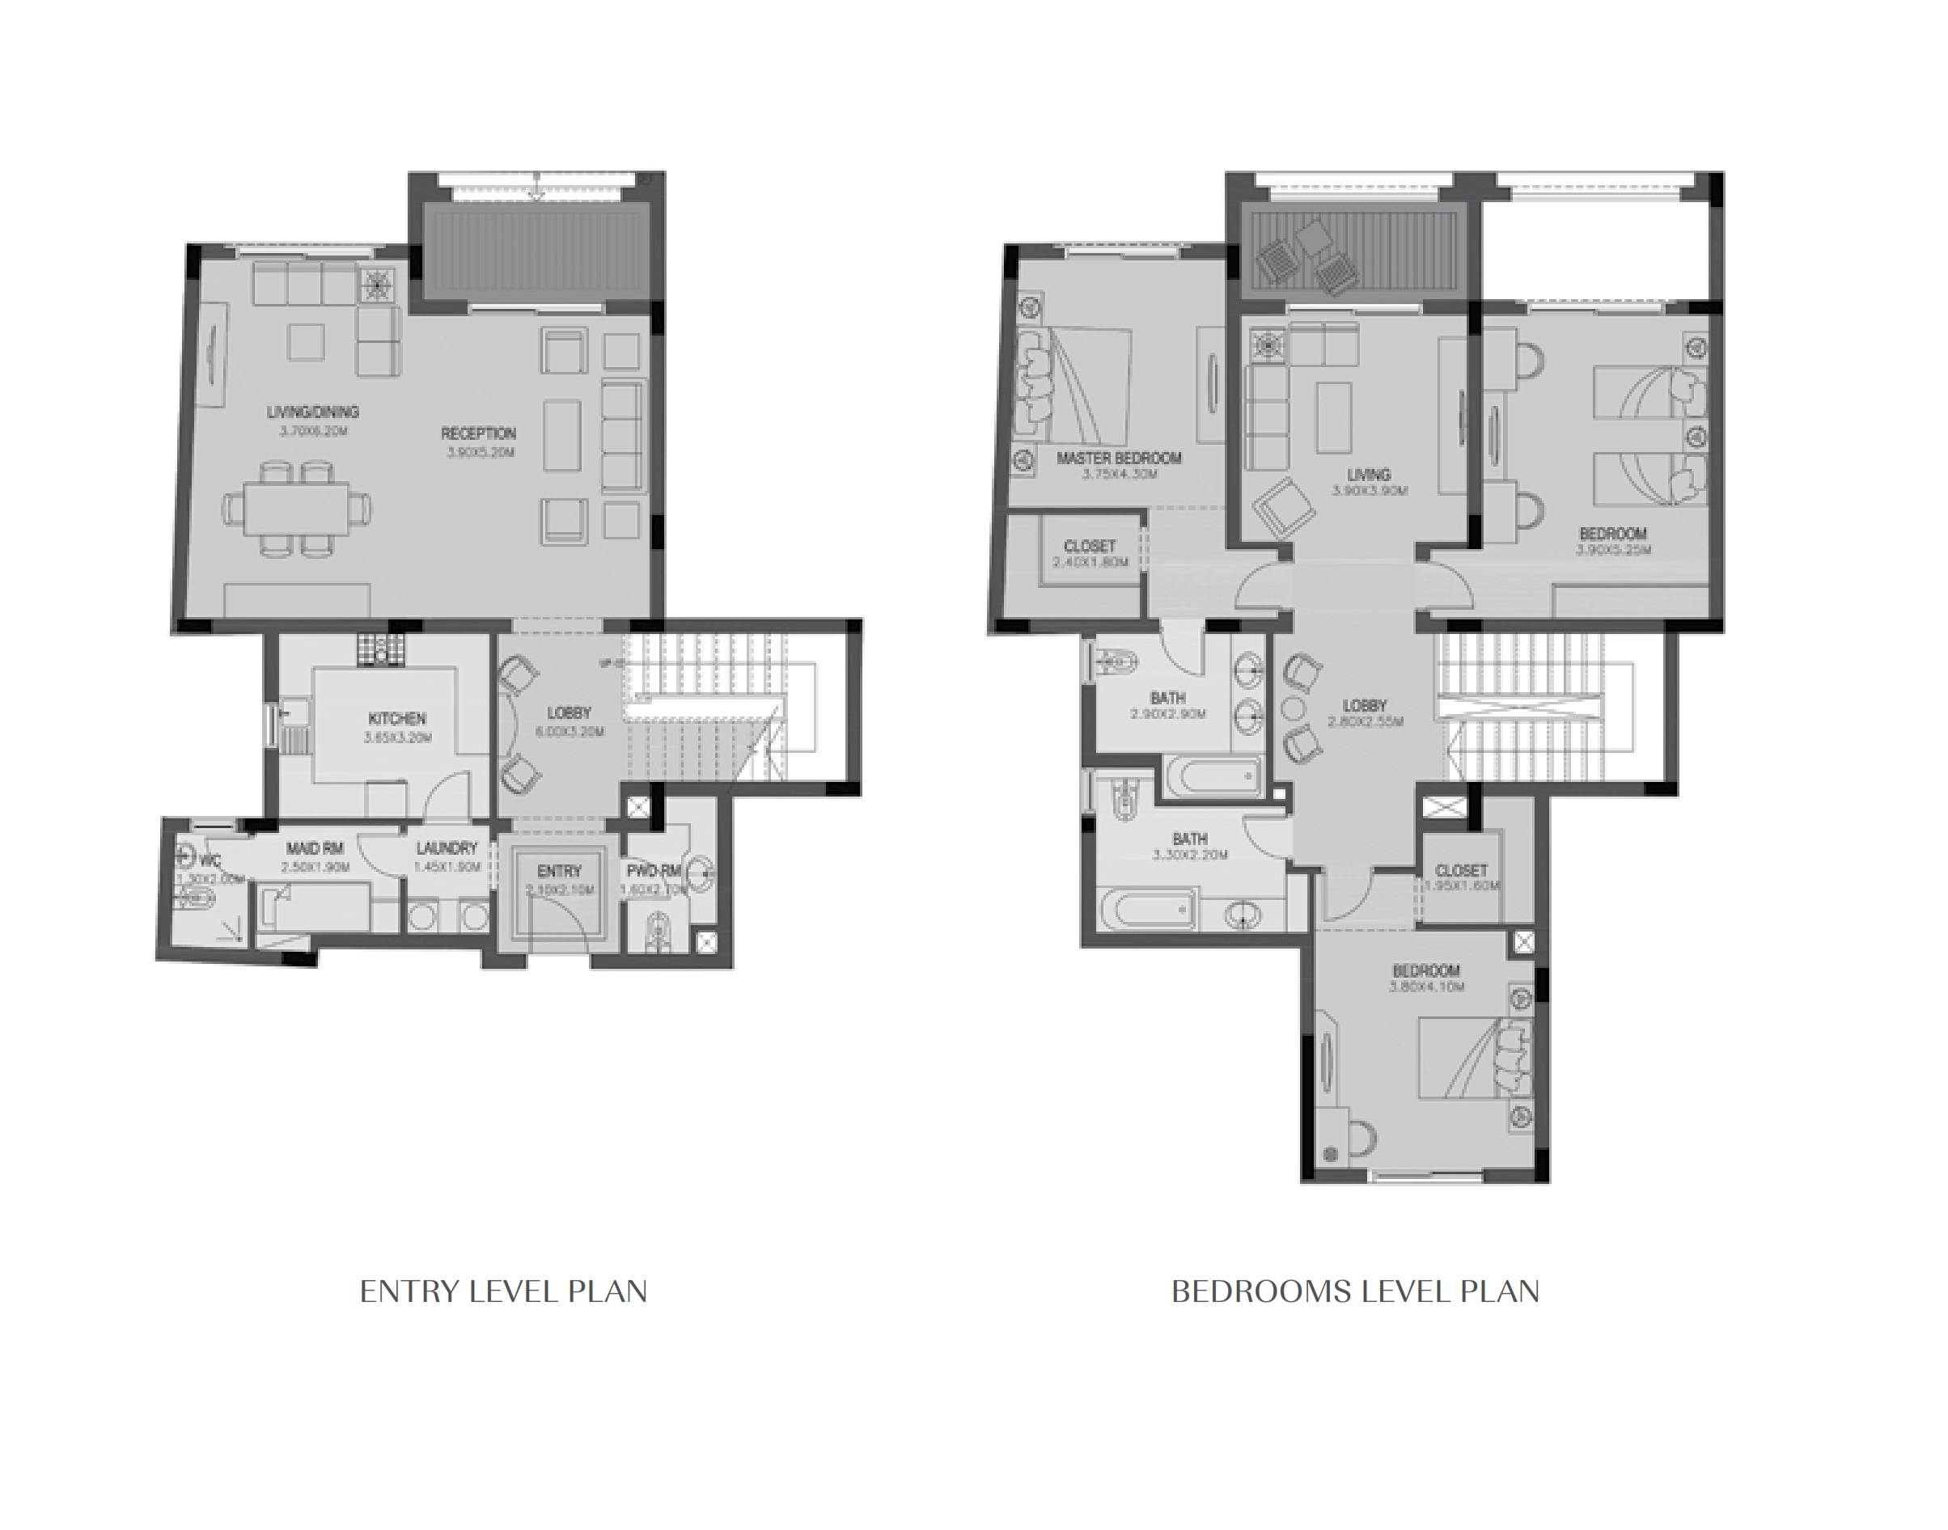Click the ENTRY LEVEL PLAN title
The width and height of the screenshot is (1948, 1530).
[x=502, y=1291]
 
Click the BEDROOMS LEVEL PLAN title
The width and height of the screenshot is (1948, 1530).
[x=1355, y=1291]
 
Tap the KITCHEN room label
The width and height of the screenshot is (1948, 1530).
[x=397, y=718]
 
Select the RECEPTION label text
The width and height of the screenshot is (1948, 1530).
[x=478, y=433]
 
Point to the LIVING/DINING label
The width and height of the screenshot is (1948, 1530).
[x=313, y=412]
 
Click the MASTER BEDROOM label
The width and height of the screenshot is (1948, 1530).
[x=1118, y=459]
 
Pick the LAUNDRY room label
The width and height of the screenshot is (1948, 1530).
[x=447, y=848]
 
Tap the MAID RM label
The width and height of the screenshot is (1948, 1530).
[x=315, y=848]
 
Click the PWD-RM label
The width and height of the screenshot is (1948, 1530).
[x=654, y=871]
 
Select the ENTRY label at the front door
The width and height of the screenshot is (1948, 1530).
[x=559, y=871]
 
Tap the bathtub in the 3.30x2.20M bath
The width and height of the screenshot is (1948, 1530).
[x=1149, y=911]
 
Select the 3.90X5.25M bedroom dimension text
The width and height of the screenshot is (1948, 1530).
[x=1613, y=550]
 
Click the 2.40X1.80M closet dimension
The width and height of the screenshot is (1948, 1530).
[x=1090, y=562]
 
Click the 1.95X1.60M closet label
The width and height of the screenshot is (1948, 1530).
[x=1462, y=871]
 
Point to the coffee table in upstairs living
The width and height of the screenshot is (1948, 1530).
[x=1334, y=417]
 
